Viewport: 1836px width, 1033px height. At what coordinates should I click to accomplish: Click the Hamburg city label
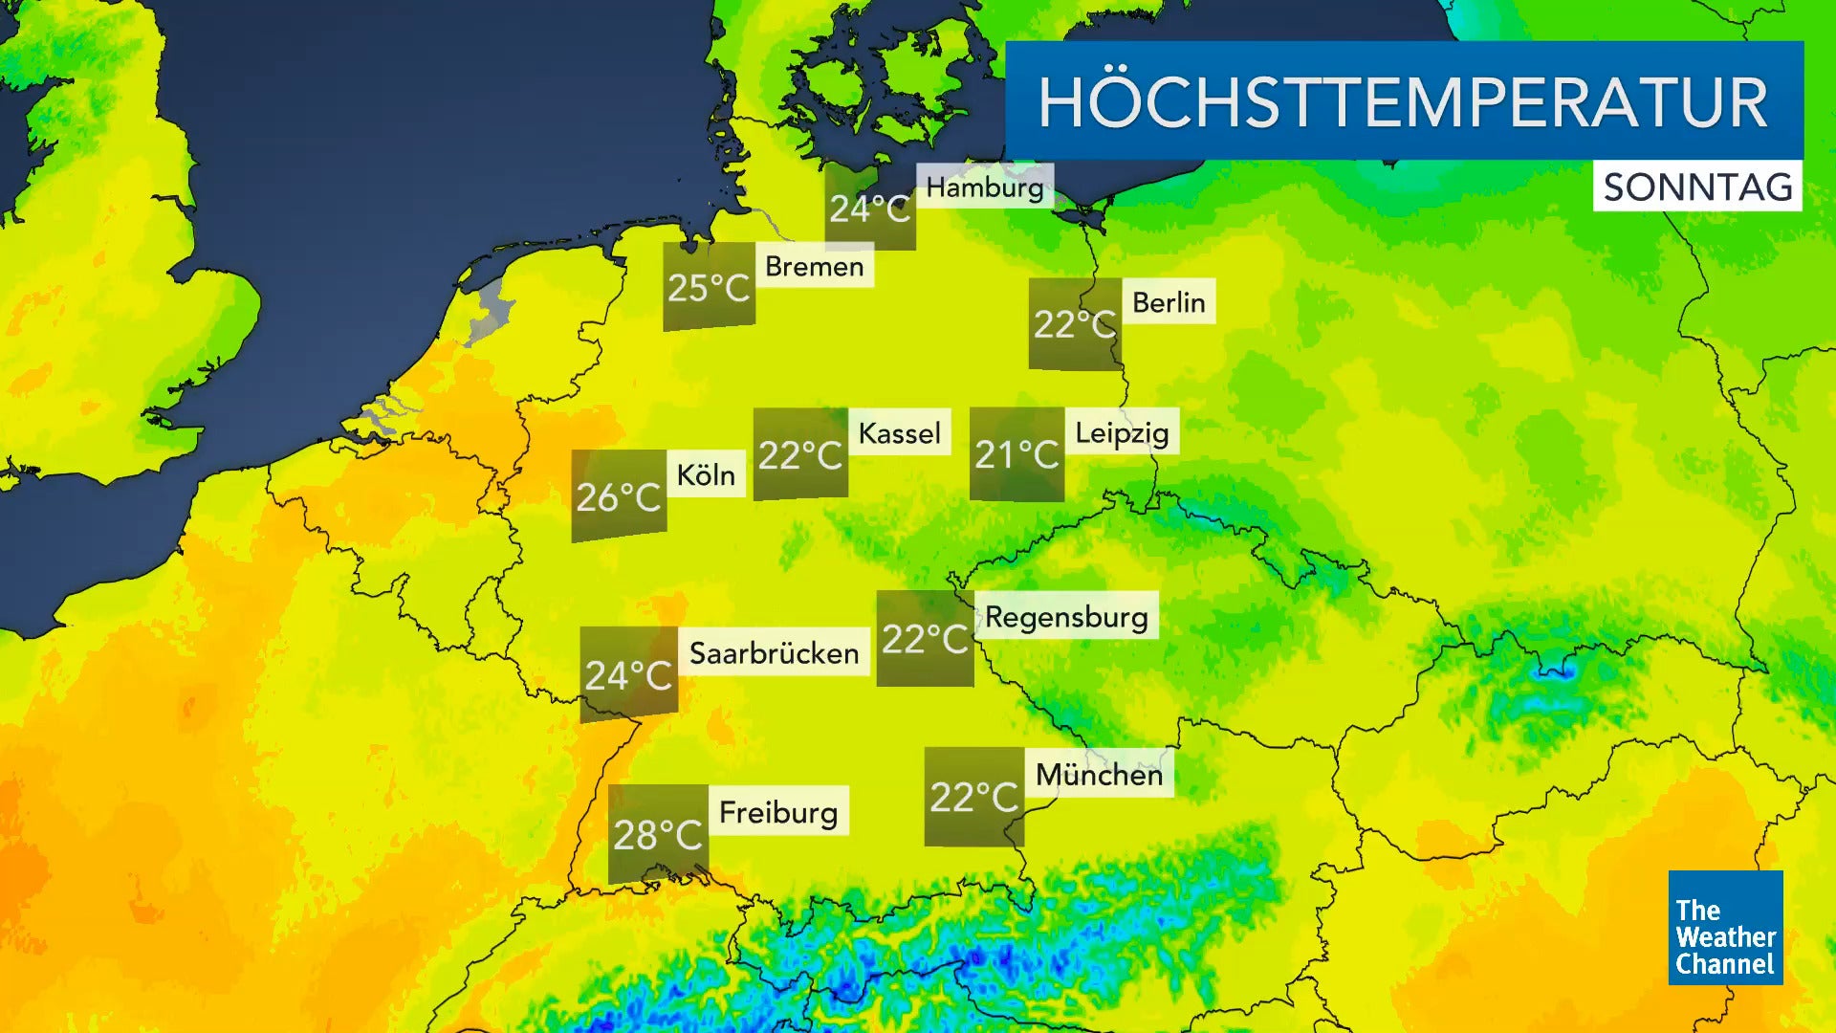point(985,187)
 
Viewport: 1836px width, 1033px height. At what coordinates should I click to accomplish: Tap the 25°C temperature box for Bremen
point(709,287)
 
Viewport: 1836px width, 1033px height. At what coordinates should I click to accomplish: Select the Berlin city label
point(1169,302)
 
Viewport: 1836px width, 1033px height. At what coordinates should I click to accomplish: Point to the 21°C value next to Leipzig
point(1016,454)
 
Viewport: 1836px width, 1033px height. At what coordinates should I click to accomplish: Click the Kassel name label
point(899,433)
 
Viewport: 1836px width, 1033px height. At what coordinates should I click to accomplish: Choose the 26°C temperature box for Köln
point(619,495)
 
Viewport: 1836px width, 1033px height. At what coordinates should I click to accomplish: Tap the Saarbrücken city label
point(774,653)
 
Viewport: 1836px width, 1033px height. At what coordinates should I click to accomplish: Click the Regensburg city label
point(1066,617)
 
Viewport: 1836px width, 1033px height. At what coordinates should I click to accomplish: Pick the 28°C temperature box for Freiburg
point(658,834)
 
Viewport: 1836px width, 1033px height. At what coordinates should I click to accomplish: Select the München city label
point(1099,774)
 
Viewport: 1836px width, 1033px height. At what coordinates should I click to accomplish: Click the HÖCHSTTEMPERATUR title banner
point(1404,101)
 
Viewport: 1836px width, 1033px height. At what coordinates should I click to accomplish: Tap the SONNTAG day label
point(1697,187)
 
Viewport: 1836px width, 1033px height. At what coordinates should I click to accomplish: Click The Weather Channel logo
point(1725,928)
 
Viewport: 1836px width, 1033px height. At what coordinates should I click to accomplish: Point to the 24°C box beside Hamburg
point(869,208)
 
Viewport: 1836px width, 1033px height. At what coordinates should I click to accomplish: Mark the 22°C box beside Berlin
point(1075,324)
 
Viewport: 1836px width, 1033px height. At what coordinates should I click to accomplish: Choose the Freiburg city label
point(777,812)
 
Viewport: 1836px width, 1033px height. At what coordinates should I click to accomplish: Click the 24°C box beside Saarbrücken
point(628,674)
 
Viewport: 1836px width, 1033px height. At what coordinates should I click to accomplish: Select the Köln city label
point(706,474)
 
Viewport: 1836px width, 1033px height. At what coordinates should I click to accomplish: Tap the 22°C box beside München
point(973,797)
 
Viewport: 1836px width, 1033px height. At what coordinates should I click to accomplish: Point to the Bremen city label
point(814,266)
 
